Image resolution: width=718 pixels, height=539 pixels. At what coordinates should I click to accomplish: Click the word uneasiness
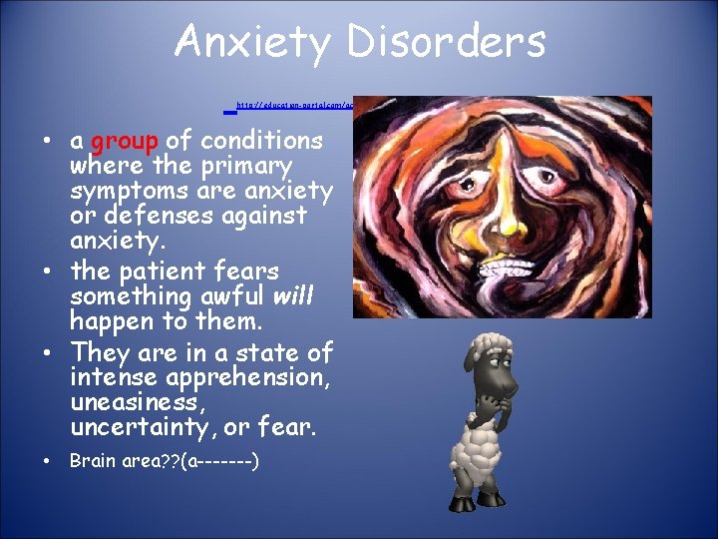pyautogui.click(x=131, y=403)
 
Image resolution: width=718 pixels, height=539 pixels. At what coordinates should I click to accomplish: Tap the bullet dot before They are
pyautogui.click(x=48, y=353)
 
